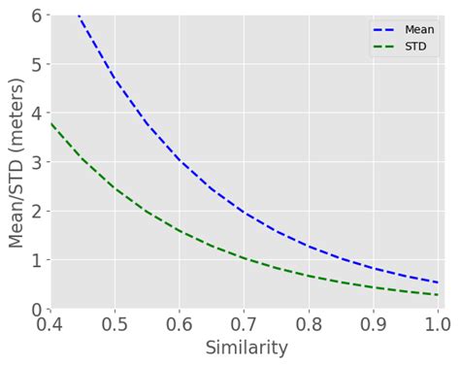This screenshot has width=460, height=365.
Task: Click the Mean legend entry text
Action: pos(419,30)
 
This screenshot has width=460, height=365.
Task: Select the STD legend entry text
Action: pos(416,47)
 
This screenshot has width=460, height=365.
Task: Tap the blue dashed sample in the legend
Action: pos(385,30)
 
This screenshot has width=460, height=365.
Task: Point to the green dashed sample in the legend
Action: pos(385,47)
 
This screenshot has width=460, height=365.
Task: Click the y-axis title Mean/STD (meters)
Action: pos(16,161)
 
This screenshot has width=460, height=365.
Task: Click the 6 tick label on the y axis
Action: pos(37,16)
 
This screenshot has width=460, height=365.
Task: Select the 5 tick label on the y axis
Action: pos(37,64)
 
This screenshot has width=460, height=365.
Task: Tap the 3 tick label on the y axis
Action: pos(37,162)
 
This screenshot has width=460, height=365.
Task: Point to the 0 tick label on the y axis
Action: pos(37,309)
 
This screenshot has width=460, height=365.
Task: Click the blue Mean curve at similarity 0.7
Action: pos(244,212)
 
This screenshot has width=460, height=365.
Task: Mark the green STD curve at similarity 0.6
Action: pos(180,231)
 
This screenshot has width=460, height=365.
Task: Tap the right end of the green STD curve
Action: pos(438,295)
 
